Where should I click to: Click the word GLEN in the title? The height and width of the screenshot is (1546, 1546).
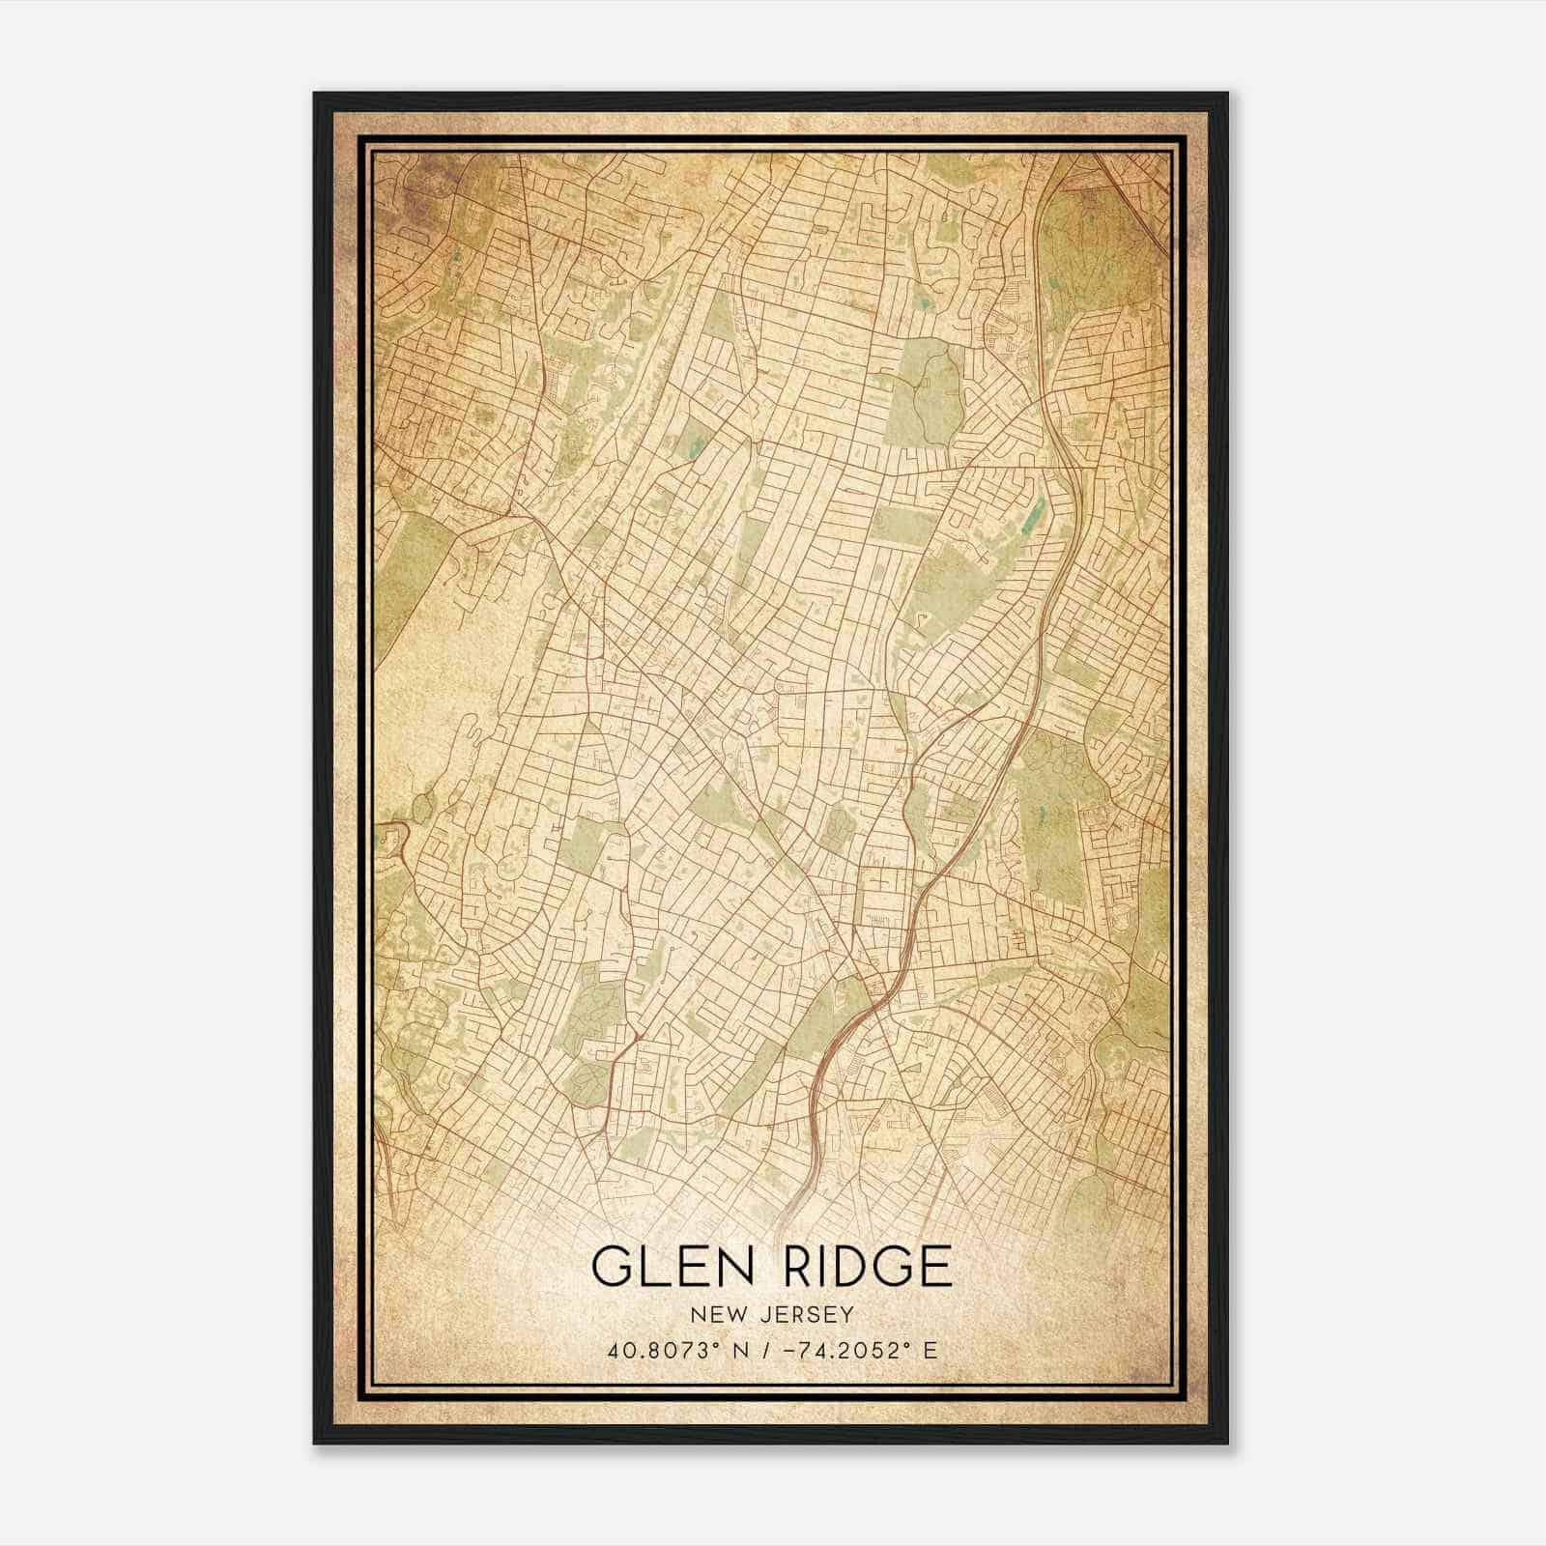click(x=666, y=1267)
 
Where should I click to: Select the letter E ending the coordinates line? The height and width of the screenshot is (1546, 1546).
click(x=930, y=1351)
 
